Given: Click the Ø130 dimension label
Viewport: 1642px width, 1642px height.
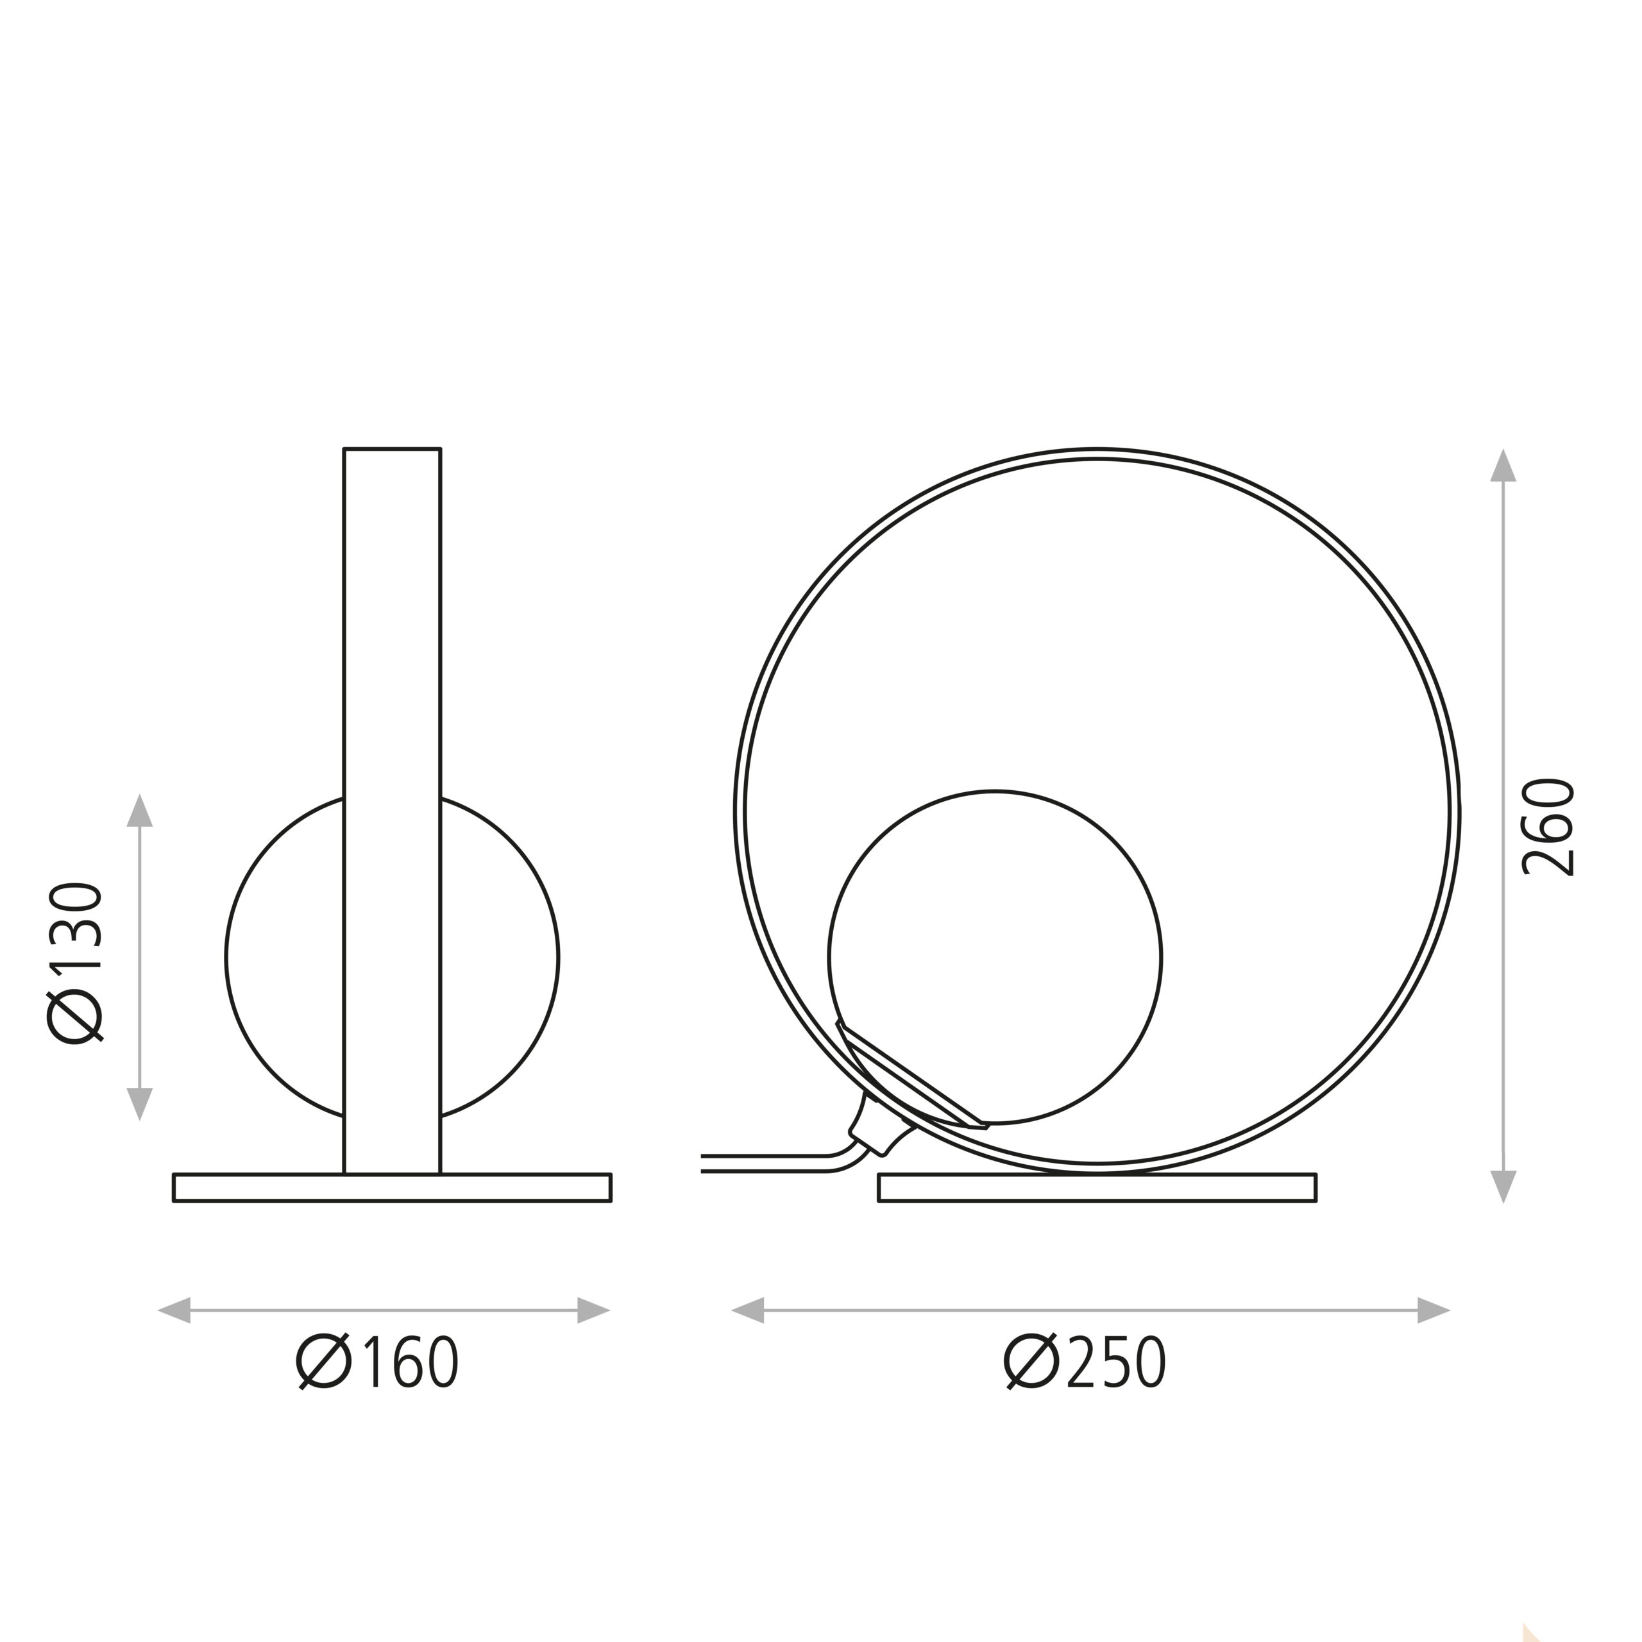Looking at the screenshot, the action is tap(75, 962).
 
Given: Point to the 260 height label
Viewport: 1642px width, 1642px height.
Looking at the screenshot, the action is tap(1547, 827).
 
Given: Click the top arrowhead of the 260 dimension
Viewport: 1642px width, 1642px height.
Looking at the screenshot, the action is tap(1503, 465).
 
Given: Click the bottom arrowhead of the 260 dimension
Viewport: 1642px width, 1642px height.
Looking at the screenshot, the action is tap(1503, 1187).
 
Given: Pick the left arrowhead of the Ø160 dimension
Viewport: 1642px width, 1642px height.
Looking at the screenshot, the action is tap(174, 1310).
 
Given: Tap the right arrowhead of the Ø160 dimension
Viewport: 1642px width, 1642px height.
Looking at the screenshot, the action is tap(594, 1310).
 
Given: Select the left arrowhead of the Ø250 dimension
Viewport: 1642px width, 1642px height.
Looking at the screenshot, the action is tap(748, 1310).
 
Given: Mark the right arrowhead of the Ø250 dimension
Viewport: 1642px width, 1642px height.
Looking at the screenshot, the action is tap(1434, 1310).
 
